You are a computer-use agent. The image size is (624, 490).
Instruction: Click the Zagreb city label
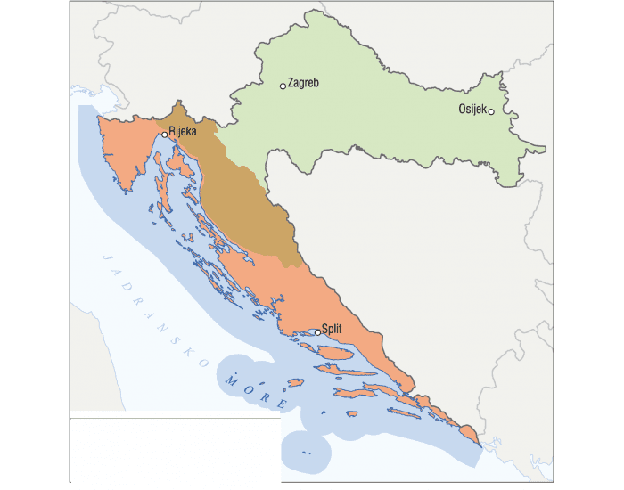click(303, 83)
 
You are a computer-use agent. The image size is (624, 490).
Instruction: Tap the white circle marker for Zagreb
click(283, 86)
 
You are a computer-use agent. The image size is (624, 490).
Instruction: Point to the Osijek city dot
click(491, 111)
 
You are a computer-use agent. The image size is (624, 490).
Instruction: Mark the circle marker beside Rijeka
click(164, 135)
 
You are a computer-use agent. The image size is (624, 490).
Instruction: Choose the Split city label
click(332, 329)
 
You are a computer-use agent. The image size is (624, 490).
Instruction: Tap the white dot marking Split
click(317, 333)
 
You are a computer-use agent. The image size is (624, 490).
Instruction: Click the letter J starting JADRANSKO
click(106, 257)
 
